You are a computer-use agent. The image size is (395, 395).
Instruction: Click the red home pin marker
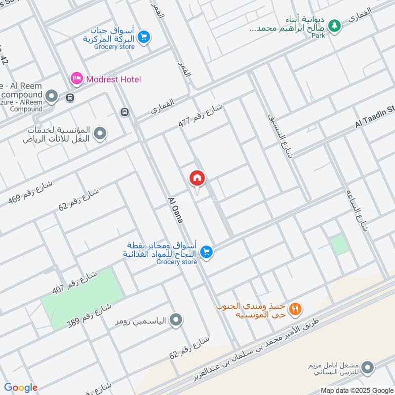197,178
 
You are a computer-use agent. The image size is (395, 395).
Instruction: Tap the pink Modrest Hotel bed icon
76,79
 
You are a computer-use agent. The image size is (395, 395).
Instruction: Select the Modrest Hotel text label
113,79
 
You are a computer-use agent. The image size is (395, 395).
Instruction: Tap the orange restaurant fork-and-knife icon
295,309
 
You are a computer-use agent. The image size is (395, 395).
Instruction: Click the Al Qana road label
176,209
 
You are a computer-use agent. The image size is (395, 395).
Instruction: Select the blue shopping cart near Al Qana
207,252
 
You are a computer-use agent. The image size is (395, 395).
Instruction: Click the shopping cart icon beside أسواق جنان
144,37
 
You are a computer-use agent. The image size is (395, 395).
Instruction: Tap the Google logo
21,387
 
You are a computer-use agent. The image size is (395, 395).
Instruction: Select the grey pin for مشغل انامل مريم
367,367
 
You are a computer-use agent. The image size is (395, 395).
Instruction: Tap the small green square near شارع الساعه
339,245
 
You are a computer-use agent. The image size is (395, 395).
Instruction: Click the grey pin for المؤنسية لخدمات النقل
100,133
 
